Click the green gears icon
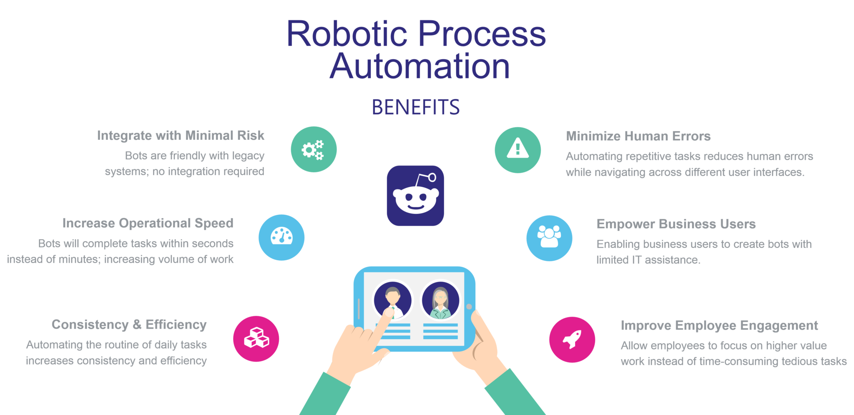[314, 149]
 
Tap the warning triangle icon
[518, 150]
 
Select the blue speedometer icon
[281, 237]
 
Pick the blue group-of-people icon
[549, 238]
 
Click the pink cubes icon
[256, 339]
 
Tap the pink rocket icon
[572, 340]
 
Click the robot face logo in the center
[415, 196]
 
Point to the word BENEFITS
[416, 107]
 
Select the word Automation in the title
[420, 66]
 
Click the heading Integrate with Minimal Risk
[181, 136]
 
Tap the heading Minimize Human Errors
[638, 136]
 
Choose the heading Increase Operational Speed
[148, 224]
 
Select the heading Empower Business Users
[676, 224]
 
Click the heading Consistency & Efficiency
[129, 324]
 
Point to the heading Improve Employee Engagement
[720, 325]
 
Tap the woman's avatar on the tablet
[440, 300]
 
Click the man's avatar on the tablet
[392, 300]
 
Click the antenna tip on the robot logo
[432, 177]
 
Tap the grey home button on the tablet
[469, 307]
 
